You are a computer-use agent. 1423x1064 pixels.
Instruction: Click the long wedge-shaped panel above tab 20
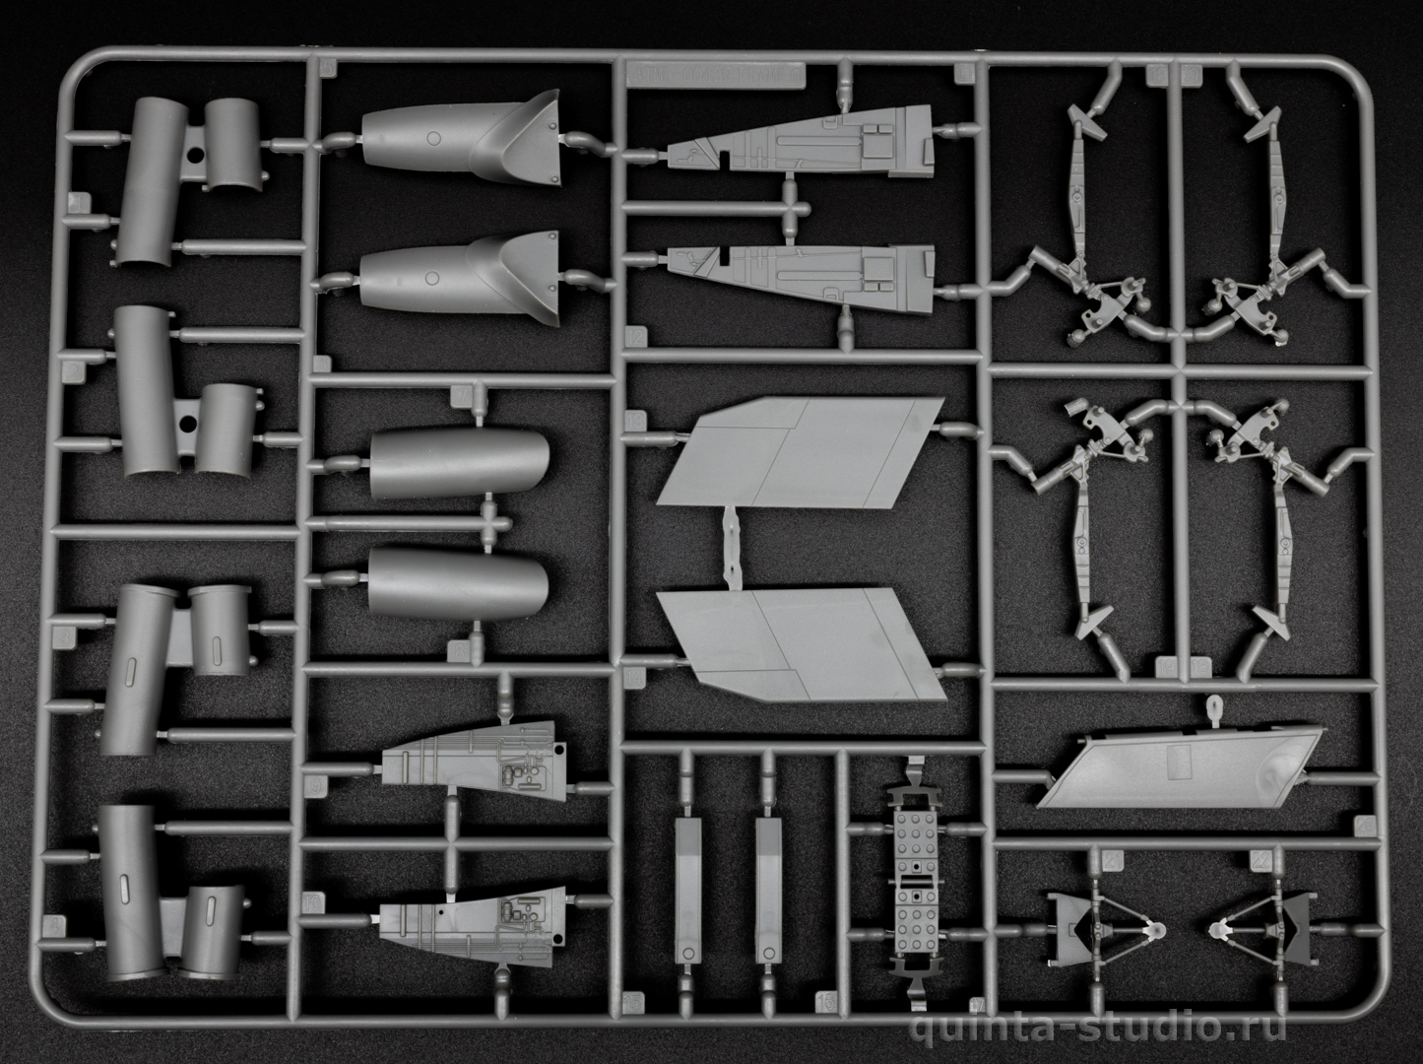[1182, 767]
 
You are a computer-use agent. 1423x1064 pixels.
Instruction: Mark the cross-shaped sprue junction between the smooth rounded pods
[489, 522]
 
